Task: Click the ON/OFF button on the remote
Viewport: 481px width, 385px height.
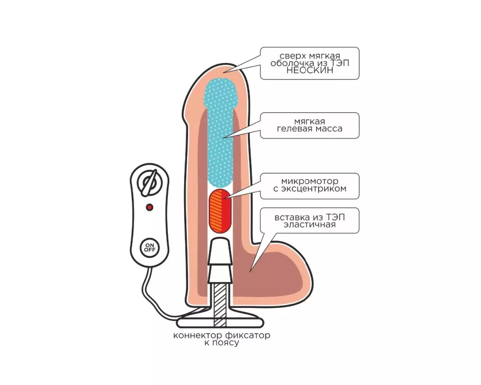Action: [150, 247]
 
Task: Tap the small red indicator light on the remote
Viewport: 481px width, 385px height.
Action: [150, 207]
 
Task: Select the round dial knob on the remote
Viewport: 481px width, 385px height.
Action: [149, 183]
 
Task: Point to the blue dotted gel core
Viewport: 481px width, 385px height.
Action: [220, 132]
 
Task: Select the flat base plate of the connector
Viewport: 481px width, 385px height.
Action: [220, 323]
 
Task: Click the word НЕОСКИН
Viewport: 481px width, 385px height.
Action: [309, 70]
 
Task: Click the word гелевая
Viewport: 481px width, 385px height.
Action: [294, 128]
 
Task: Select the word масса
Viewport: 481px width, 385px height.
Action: [329, 128]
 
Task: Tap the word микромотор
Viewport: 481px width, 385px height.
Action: [310, 181]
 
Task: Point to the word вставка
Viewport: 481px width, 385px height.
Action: [292, 218]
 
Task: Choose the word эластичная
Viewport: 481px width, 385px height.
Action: [309, 225]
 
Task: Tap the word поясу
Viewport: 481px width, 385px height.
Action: [226, 343]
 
